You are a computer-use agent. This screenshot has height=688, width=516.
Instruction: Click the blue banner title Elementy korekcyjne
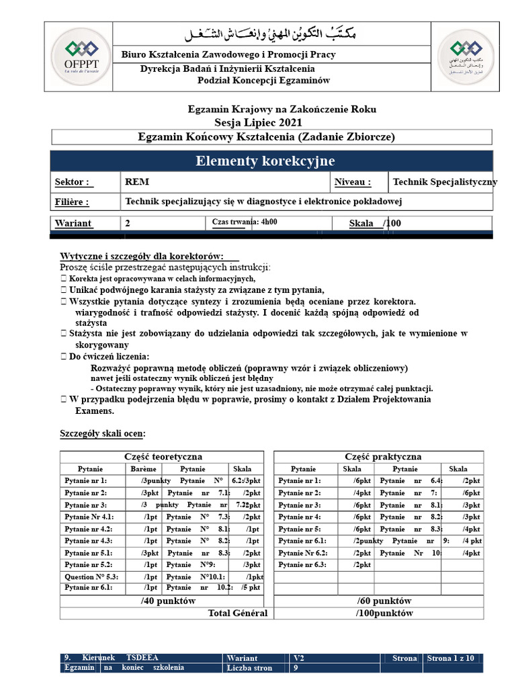[265, 161]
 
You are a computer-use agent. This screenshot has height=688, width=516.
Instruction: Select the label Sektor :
[72, 182]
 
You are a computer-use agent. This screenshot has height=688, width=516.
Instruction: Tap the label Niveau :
[353, 182]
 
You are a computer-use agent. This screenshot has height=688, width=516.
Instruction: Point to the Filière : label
[72, 202]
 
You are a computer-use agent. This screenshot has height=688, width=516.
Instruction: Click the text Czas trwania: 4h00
[245, 222]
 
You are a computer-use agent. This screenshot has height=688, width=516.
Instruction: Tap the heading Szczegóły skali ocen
[103, 433]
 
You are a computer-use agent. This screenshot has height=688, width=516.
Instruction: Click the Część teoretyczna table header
[163, 457]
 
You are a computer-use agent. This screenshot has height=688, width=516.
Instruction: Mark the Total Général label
[237, 613]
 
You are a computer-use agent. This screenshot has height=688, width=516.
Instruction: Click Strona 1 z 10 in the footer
[450, 658]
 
